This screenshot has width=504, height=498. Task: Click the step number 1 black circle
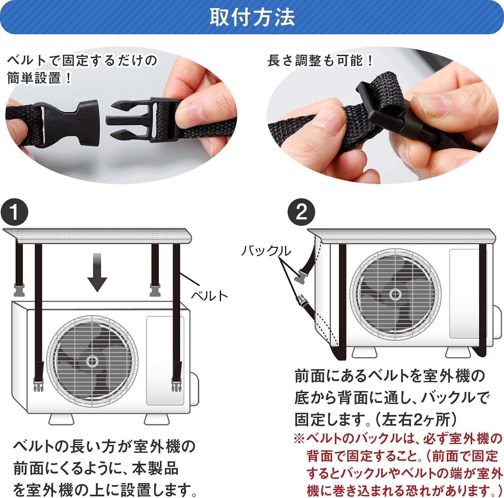pos(14,212)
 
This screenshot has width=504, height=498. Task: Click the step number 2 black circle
pos(301,212)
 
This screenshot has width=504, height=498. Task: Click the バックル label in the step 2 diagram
pos(266,251)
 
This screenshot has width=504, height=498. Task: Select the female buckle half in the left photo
pos(71,122)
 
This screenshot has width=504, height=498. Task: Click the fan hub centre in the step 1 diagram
pos(92,362)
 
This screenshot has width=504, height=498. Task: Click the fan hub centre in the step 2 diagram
pos(395,295)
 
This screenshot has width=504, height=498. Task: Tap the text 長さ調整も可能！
pos(321,61)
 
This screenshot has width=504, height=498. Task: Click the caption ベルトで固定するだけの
pos(82,61)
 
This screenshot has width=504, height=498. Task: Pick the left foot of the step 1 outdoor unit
pos(61,419)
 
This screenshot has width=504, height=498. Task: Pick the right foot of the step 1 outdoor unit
pos(157,419)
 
